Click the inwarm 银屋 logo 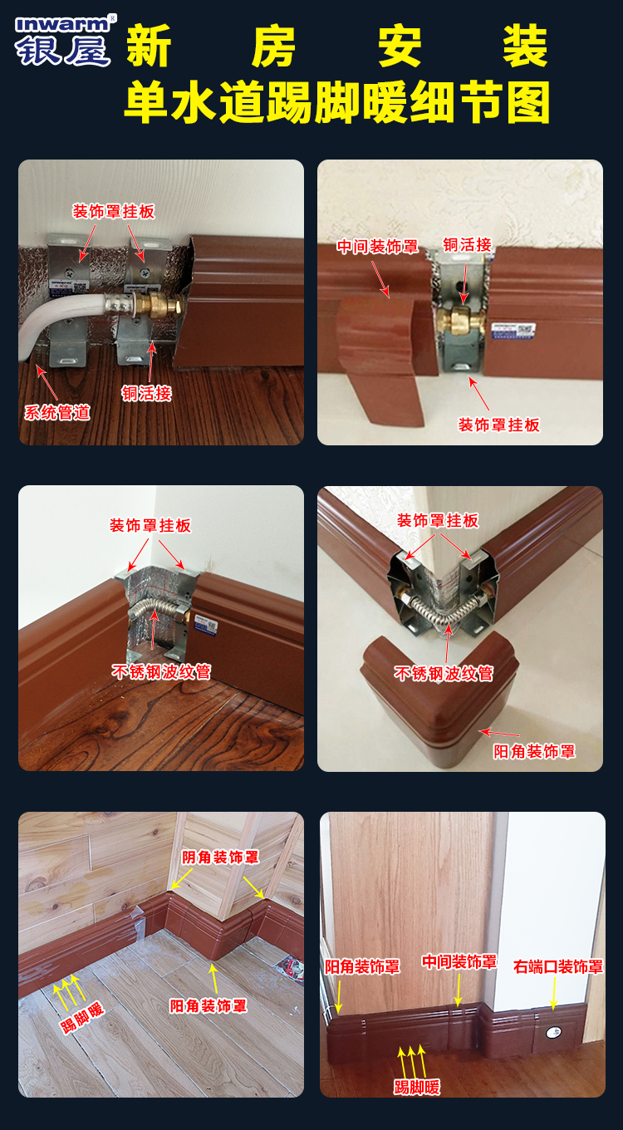click(x=64, y=41)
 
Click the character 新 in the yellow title click(x=149, y=46)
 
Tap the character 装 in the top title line click(x=525, y=46)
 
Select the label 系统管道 click(x=57, y=412)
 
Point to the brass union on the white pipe click(x=159, y=304)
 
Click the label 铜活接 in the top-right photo click(x=468, y=244)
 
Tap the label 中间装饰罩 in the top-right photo click(x=378, y=247)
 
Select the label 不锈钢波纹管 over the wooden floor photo click(x=161, y=671)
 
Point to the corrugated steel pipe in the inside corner click(x=154, y=612)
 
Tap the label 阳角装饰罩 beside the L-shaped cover click(x=534, y=752)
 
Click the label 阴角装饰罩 click(x=220, y=857)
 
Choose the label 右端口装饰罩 click(x=558, y=966)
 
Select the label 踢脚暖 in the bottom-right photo click(x=417, y=1087)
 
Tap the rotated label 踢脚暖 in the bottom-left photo click(x=82, y=1018)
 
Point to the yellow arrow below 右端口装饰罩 click(x=553, y=995)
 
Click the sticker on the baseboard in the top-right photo click(x=513, y=332)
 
